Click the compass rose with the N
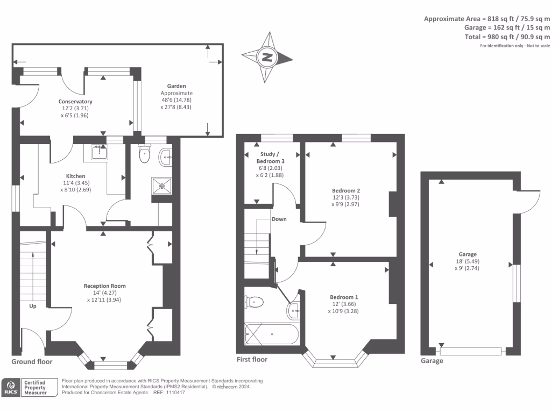pyautogui.click(x=267, y=57)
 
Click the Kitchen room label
pyautogui.click(x=75, y=176)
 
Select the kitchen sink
pyautogui.click(x=99, y=152)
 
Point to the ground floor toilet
pyautogui.click(x=144, y=153)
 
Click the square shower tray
pyautogui.click(x=162, y=186)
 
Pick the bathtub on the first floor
pyautogui.click(x=272, y=334)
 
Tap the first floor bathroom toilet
pyautogui.click(x=254, y=302)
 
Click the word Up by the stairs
pyautogui.click(x=33, y=306)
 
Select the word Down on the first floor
pyautogui.click(x=279, y=219)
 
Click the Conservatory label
pyautogui.click(x=75, y=102)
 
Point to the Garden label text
pyautogui.click(x=176, y=86)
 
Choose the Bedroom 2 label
pyautogui.click(x=346, y=191)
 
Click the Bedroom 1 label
pyautogui.click(x=344, y=297)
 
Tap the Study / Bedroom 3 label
pyautogui.click(x=270, y=158)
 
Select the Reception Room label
pyautogui.click(x=104, y=286)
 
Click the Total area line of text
pyautogui.click(x=507, y=37)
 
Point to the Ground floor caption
pyautogui.click(x=32, y=362)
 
